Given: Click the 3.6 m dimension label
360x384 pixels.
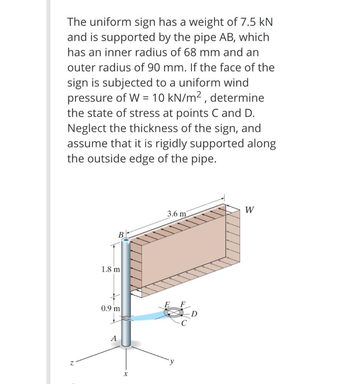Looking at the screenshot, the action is pyautogui.click(x=176, y=214).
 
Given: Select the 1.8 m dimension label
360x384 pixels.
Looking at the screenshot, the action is pyautogui.click(x=111, y=270).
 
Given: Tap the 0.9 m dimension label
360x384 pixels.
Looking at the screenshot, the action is pyautogui.click(x=111, y=308).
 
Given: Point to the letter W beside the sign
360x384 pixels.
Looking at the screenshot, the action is pyautogui.click(x=250, y=210).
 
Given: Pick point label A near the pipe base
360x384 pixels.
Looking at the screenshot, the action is pyautogui.click(x=113, y=339).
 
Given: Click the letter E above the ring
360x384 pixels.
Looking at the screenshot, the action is pyautogui.click(x=167, y=305).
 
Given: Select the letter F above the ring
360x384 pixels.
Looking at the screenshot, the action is pyautogui.click(x=183, y=304).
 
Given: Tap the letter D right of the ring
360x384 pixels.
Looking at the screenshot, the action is pyautogui.click(x=194, y=314).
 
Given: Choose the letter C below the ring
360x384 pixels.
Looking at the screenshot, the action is pyautogui.click(x=184, y=324).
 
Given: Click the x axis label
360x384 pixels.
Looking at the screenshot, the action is pyautogui.click(x=125, y=374).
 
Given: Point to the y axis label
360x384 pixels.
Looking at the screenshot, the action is pyautogui.click(x=172, y=361).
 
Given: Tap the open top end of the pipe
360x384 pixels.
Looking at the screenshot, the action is pyautogui.click(x=126, y=240).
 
